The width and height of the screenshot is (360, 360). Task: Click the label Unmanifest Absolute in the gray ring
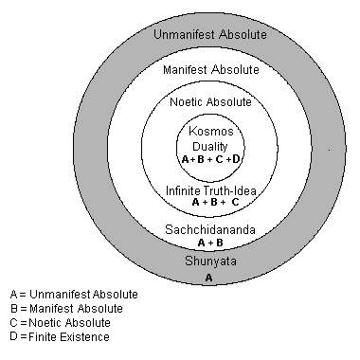[x=209, y=35]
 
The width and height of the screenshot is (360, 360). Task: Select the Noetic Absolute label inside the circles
[x=209, y=101]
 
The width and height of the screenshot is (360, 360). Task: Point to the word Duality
[x=209, y=146]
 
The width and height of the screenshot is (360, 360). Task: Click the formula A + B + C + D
[x=209, y=160]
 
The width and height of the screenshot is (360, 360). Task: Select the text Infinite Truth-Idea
[x=209, y=189]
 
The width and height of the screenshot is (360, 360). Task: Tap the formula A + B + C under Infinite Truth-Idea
[x=209, y=202]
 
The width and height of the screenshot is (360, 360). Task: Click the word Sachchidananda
[x=209, y=229]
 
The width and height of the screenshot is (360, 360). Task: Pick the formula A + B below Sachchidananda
[x=209, y=243]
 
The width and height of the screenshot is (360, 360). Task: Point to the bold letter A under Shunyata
[x=209, y=279]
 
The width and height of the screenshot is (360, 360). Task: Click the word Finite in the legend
[x=43, y=336]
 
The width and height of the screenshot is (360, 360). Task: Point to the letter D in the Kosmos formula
[x=236, y=160]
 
